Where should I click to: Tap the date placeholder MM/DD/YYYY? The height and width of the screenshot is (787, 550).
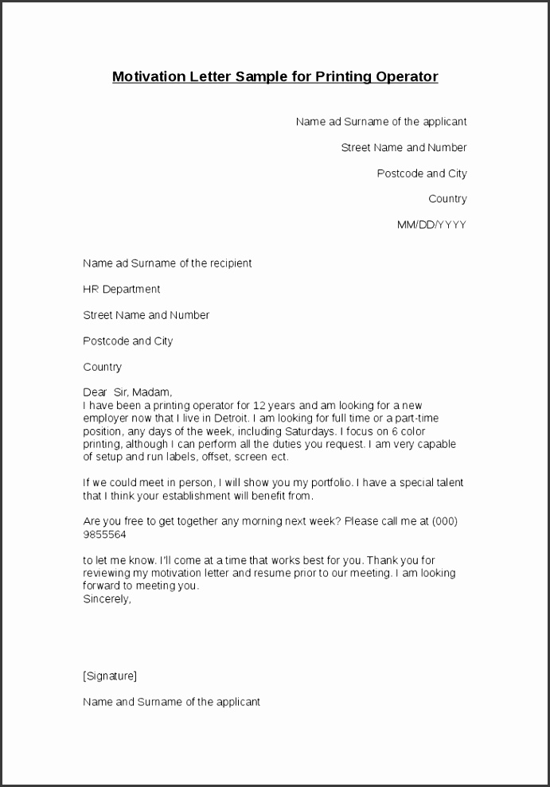click(431, 225)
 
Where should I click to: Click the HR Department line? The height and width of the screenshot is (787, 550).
click(121, 289)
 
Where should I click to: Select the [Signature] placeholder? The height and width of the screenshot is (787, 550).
click(110, 676)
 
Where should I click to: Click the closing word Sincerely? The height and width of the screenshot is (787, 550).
click(107, 599)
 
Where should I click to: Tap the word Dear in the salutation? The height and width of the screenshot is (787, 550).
click(95, 392)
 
